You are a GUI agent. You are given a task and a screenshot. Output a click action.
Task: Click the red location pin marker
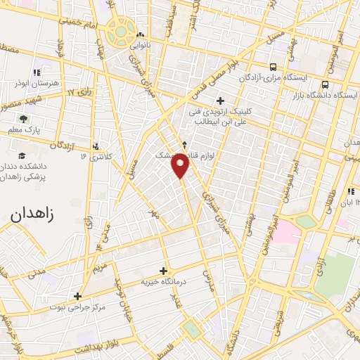point(181,165)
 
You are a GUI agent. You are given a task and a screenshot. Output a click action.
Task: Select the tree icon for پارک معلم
point(23,119)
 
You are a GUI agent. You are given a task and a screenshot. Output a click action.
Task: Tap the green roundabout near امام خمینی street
point(122,32)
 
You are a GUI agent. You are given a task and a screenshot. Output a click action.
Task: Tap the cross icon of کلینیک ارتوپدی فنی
point(222,100)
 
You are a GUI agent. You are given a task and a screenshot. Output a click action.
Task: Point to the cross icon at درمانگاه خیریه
point(164,270)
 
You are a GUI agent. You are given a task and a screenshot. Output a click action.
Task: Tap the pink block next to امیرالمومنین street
point(285,234)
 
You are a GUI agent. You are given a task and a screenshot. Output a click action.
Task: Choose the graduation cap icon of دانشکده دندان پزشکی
point(22,155)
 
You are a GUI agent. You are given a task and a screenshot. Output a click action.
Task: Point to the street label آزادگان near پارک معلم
point(62,145)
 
